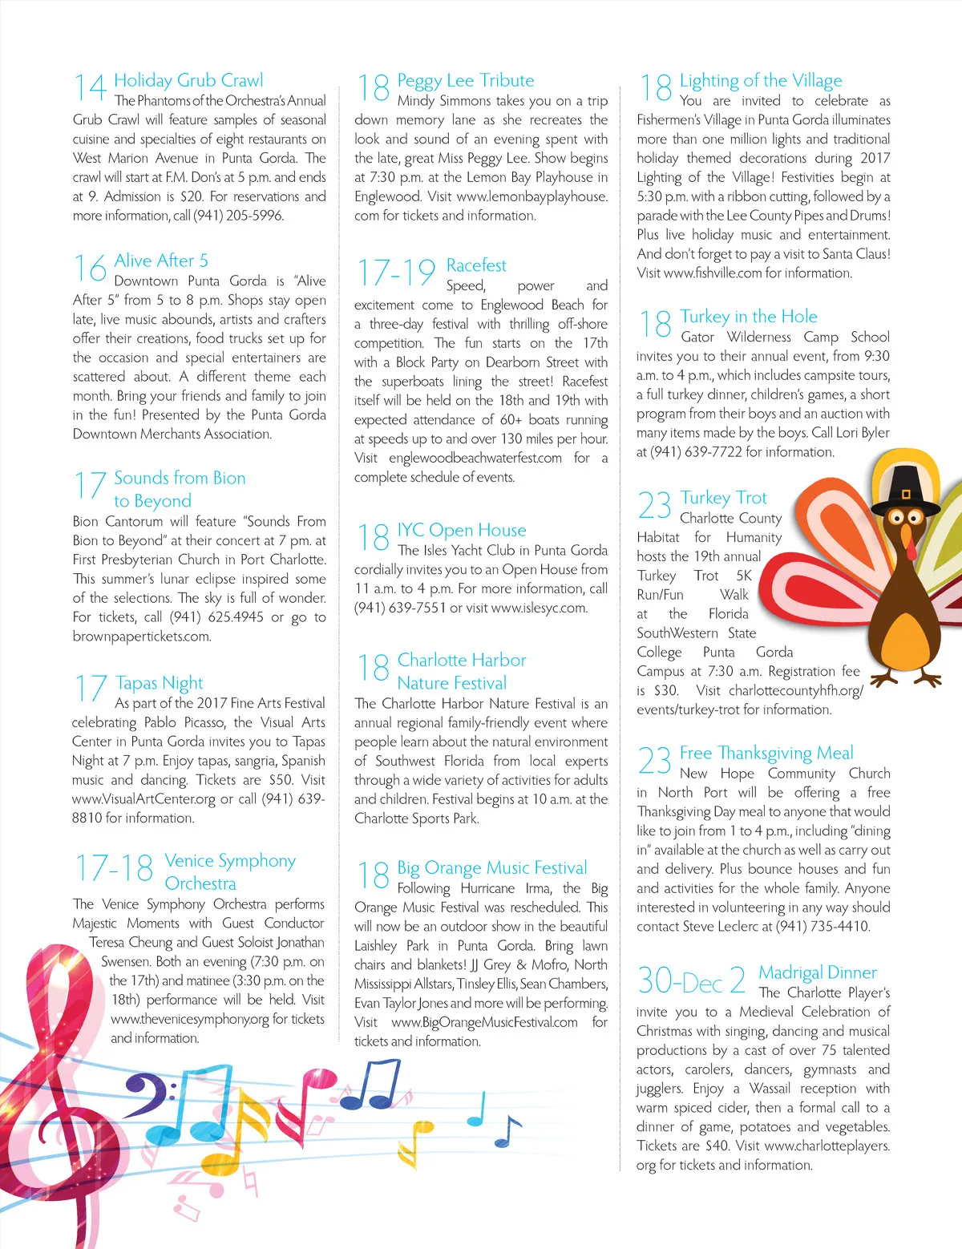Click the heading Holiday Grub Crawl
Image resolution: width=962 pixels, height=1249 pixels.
pyautogui.click(x=188, y=80)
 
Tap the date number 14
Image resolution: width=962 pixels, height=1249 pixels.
pyautogui.click(x=90, y=88)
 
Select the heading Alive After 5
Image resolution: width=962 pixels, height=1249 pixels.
pyautogui.click(x=160, y=261)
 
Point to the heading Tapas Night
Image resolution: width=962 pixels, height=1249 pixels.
pyautogui.click(x=159, y=683)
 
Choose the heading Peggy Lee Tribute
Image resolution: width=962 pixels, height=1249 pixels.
pyautogui.click(x=465, y=80)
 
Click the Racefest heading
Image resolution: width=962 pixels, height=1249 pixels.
pyautogui.click(x=476, y=265)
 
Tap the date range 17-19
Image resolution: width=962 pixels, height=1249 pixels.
pyautogui.click(x=395, y=273)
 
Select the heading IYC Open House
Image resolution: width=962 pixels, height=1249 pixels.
pyautogui.click(x=462, y=530)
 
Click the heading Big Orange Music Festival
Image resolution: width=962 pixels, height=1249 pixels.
pyautogui.click(x=492, y=867)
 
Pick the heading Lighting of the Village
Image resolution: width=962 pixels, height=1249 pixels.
pyautogui.click(x=761, y=80)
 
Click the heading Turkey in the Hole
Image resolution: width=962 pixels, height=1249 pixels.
pyautogui.click(x=749, y=317)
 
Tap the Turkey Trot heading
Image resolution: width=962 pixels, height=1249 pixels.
pyautogui.click(x=723, y=498)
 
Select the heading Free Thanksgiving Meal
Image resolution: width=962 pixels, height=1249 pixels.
pyautogui.click(x=766, y=753)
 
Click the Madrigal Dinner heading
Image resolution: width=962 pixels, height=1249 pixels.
pyautogui.click(x=818, y=972)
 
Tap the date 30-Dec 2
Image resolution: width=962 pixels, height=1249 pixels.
pyautogui.click(x=691, y=980)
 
